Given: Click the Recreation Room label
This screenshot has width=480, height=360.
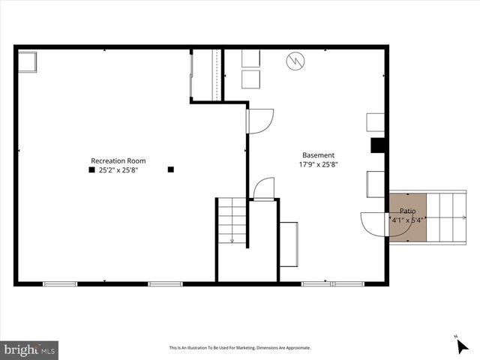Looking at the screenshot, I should [118, 160].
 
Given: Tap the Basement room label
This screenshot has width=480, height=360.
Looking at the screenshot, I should [318, 155].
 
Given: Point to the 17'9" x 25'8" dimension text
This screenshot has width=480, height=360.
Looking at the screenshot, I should [318, 165].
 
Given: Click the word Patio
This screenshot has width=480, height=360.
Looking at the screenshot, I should [407, 211].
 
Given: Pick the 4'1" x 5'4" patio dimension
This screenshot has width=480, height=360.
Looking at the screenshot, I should [407, 220].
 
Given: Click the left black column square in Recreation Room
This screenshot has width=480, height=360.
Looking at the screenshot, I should [91, 170].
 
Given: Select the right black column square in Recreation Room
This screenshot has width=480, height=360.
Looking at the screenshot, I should [171, 169].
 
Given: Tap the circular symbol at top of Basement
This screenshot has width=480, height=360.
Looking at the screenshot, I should [295, 61].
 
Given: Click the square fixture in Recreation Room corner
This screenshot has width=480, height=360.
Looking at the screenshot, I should [28, 61].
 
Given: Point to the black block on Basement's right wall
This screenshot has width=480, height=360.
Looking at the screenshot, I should [379, 145].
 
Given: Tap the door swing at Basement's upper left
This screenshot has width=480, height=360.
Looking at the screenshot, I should [259, 121].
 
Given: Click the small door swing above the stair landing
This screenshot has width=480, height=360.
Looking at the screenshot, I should [264, 189].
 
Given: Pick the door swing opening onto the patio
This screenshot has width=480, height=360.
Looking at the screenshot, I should [373, 224].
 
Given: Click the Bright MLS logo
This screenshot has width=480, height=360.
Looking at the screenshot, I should [30, 349].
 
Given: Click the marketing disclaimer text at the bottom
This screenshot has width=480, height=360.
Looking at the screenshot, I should [239, 348].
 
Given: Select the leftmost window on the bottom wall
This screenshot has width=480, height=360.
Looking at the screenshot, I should [60, 283].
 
